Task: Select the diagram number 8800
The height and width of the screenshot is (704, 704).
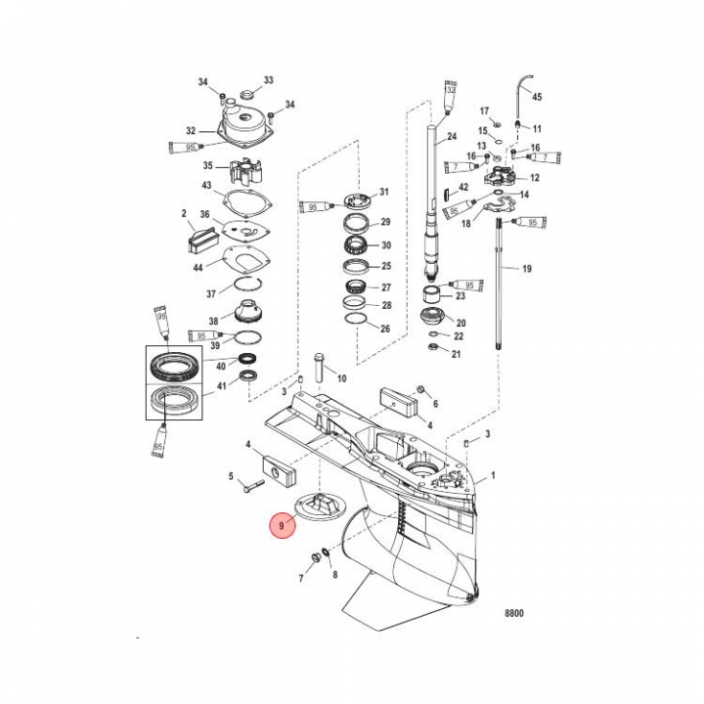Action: tap(514, 615)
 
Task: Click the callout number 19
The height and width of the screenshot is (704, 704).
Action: tap(526, 268)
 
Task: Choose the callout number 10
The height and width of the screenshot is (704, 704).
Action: tap(341, 377)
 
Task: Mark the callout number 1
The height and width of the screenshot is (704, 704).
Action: tap(493, 476)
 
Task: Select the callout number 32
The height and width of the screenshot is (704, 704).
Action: tap(192, 131)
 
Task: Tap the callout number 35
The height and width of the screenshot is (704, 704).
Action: tap(207, 166)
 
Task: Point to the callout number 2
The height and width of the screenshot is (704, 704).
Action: tap(183, 212)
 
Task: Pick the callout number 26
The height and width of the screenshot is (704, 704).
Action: tap(384, 329)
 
